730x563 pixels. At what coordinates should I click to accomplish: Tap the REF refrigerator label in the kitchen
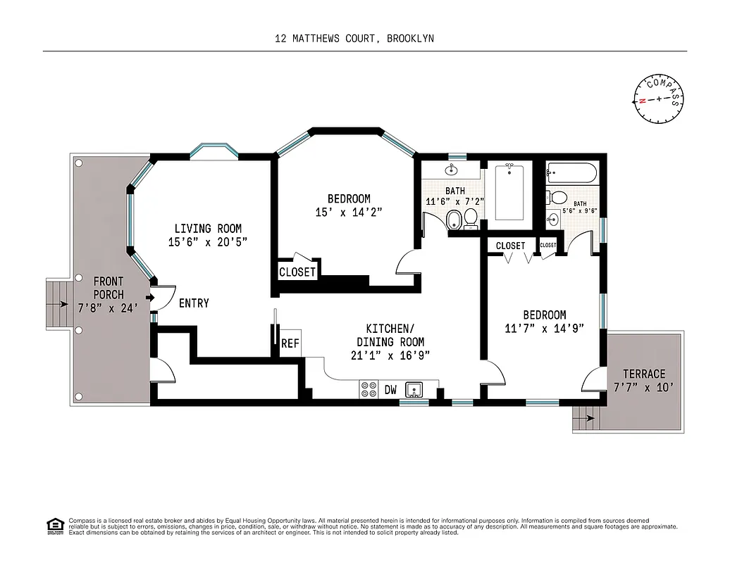290,344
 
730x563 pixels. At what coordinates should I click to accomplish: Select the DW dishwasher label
390,388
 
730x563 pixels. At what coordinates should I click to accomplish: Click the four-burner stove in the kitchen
369,389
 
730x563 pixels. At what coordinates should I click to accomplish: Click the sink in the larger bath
451,170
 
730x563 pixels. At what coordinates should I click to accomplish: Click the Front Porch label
109,288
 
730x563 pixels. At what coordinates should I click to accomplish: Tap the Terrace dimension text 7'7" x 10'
644,386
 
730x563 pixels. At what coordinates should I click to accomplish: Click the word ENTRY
194,303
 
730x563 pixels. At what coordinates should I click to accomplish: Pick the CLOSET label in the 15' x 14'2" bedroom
297,272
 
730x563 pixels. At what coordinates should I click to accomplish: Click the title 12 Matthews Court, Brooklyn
354,39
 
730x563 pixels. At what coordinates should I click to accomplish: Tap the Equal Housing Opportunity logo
54,525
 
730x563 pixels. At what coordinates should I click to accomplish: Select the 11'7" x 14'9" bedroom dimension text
544,328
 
